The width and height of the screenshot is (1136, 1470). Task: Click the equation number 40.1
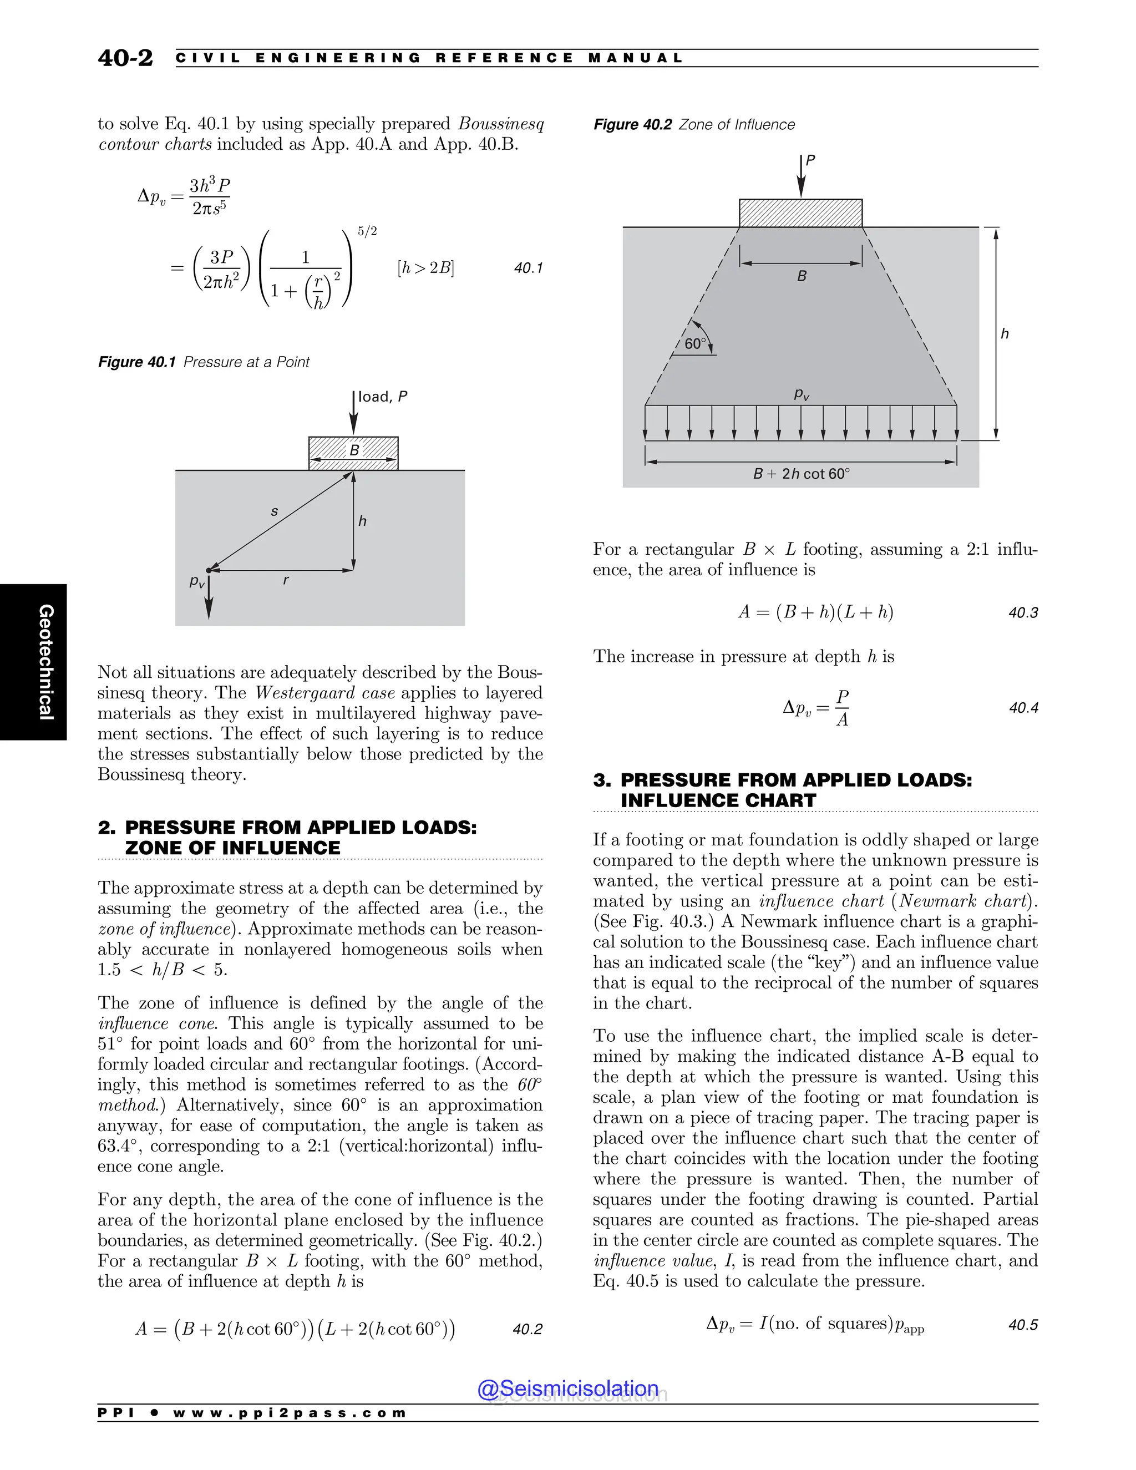point(528,268)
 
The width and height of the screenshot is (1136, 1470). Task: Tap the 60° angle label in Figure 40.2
point(695,344)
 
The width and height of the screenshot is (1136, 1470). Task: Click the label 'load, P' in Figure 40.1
point(382,397)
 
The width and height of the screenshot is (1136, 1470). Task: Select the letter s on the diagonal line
point(274,511)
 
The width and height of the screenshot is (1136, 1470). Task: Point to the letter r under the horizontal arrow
point(286,580)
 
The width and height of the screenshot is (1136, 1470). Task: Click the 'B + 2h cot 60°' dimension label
point(801,474)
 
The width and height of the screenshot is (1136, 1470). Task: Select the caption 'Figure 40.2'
point(632,124)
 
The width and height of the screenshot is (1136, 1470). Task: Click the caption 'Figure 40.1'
point(136,362)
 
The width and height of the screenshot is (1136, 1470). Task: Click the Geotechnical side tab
point(46,662)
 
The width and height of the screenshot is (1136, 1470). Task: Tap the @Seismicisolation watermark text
point(567,1388)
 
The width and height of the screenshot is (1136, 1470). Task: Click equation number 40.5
point(1023,1325)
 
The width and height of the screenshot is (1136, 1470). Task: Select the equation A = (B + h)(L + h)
point(815,612)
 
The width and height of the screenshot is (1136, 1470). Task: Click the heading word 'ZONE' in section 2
point(154,848)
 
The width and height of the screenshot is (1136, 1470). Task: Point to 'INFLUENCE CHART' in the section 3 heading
point(718,800)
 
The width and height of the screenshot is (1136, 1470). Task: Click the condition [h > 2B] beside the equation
point(425,268)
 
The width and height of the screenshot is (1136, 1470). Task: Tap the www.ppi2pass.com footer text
point(290,1413)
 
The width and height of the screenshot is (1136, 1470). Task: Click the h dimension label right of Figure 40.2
point(1004,334)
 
